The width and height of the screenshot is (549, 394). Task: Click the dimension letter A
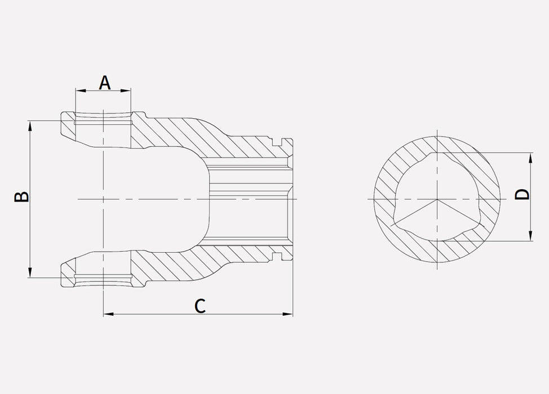(x=104, y=82)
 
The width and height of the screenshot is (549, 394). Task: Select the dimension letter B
(x=21, y=197)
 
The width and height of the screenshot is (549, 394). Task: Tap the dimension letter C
(x=200, y=306)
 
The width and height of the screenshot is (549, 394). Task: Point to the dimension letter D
(x=523, y=194)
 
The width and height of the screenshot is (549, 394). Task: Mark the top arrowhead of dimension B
(x=30, y=124)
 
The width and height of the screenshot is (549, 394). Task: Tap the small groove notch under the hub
(x=277, y=257)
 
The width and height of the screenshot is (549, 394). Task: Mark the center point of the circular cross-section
(x=437, y=199)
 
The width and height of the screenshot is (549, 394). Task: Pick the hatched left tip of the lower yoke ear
(x=67, y=273)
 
